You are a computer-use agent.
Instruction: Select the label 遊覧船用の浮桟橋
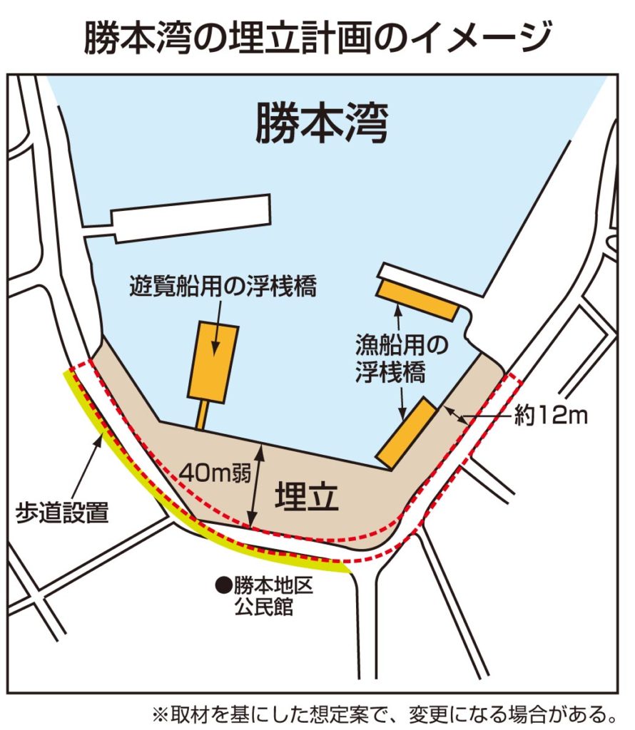point(223,285)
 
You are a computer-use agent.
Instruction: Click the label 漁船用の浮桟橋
point(401,359)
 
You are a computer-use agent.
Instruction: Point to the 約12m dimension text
point(551,415)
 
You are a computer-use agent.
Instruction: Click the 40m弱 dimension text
point(209,472)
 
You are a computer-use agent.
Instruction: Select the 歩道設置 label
point(63,512)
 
